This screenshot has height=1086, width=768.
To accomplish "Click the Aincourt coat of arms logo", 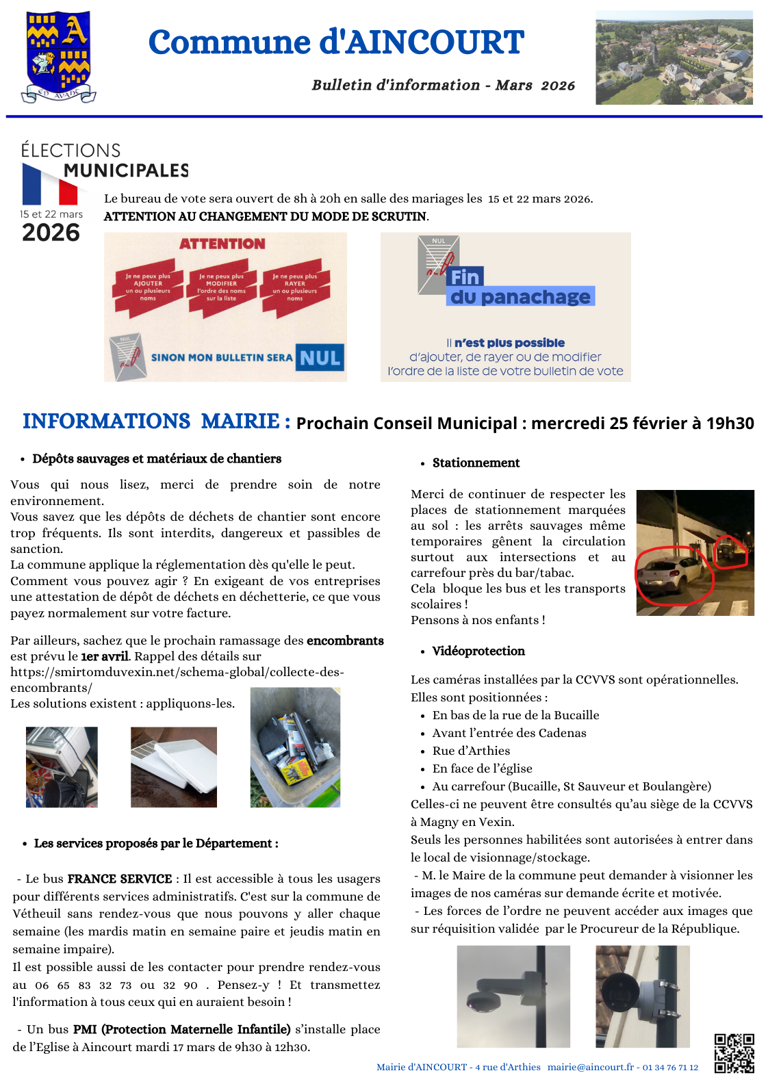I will coord(58,57).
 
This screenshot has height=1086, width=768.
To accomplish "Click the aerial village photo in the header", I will coord(674,57).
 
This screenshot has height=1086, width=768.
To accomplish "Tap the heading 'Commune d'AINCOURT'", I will coord(336,42).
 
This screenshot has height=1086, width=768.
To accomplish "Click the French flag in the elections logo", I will coord(50,185).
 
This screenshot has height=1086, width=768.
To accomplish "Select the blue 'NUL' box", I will coord(320,358).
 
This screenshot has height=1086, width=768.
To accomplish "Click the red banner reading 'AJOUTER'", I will coord(148,287).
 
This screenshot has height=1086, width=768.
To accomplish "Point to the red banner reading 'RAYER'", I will coord(295,287).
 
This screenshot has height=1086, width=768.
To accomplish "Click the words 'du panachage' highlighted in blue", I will coord(520,297).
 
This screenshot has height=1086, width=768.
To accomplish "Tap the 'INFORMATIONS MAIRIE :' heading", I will coord(156,422).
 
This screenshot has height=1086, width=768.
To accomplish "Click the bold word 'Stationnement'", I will coord(476,463).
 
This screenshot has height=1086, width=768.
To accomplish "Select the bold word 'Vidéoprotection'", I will coord(478,651).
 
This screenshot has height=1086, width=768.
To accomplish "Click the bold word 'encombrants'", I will coord(345,641).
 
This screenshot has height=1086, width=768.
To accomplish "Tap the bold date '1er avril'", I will coord(105,657).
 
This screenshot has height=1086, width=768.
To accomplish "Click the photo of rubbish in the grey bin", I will coord(295,747).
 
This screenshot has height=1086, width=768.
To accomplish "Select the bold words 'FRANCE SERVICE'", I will coord(120,879).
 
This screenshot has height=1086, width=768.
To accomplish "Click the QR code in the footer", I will coord(734,1053).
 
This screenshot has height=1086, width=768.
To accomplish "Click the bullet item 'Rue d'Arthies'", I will coord(471,751).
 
